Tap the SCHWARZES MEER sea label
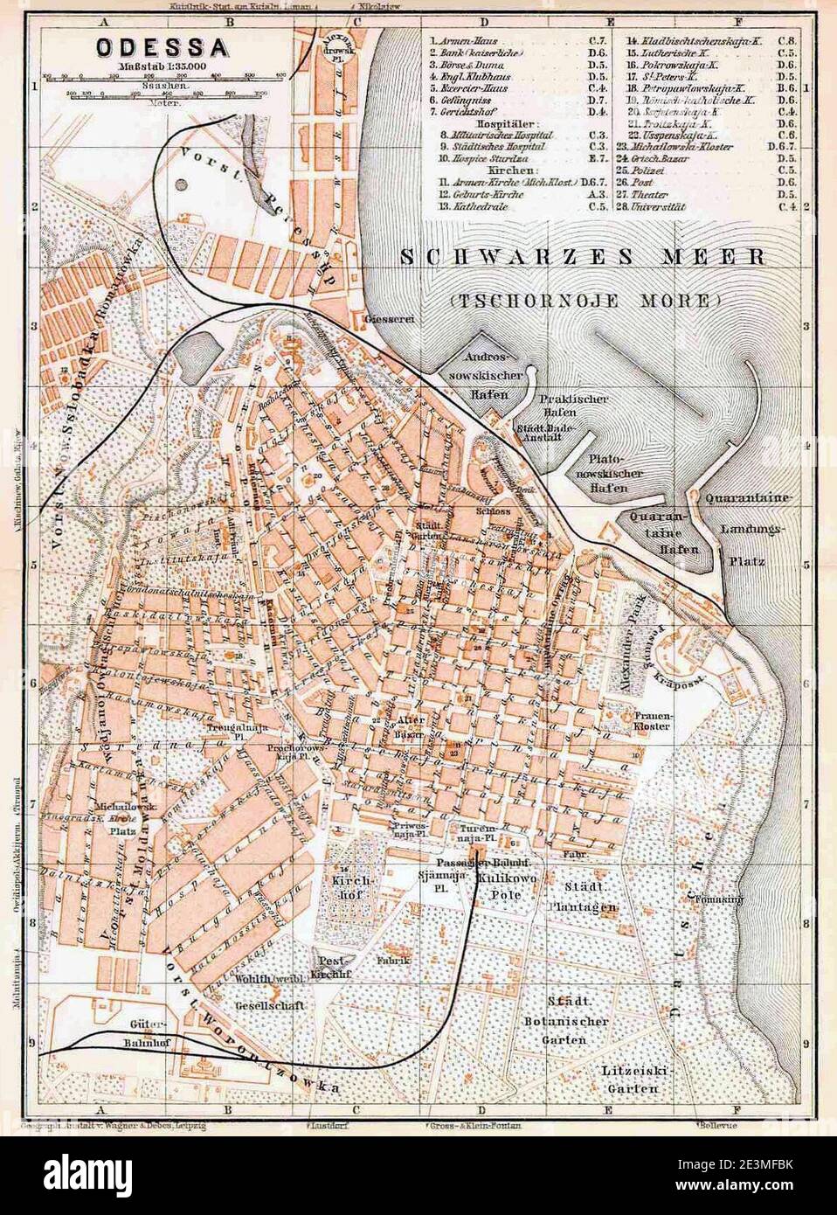tap(583, 257)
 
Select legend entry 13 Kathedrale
tap(489, 207)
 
